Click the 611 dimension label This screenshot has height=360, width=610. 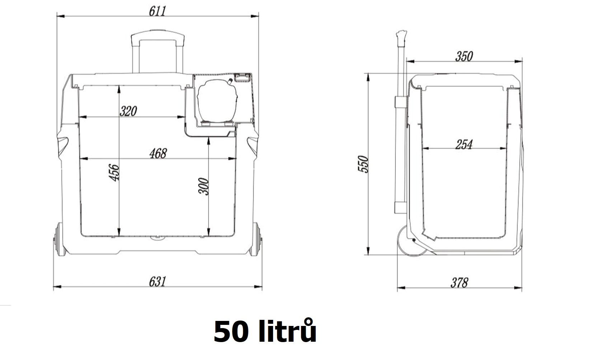click(158, 11)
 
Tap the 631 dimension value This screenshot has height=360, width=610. click(158, 281)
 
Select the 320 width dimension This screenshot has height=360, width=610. click(128, 111)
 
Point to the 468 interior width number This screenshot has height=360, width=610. click(158, 153)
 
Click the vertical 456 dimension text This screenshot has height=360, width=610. click(114, 172)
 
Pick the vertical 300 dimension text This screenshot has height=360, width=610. click(203, 186)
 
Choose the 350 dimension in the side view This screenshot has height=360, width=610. click(464, 56)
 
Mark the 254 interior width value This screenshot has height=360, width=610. click(464, 144)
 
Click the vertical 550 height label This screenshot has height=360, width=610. click(363, 164)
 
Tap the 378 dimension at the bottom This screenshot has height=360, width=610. click(459, 283)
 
